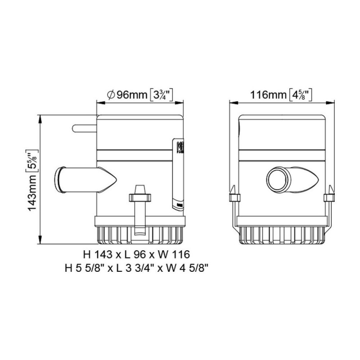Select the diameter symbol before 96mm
click(x=110, y=95)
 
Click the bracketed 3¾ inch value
click(x=161, y=95)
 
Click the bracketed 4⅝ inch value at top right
click(x=300, y=95)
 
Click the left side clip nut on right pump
click(x=233, y=198)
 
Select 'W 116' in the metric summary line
click(x=175, y=254)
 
